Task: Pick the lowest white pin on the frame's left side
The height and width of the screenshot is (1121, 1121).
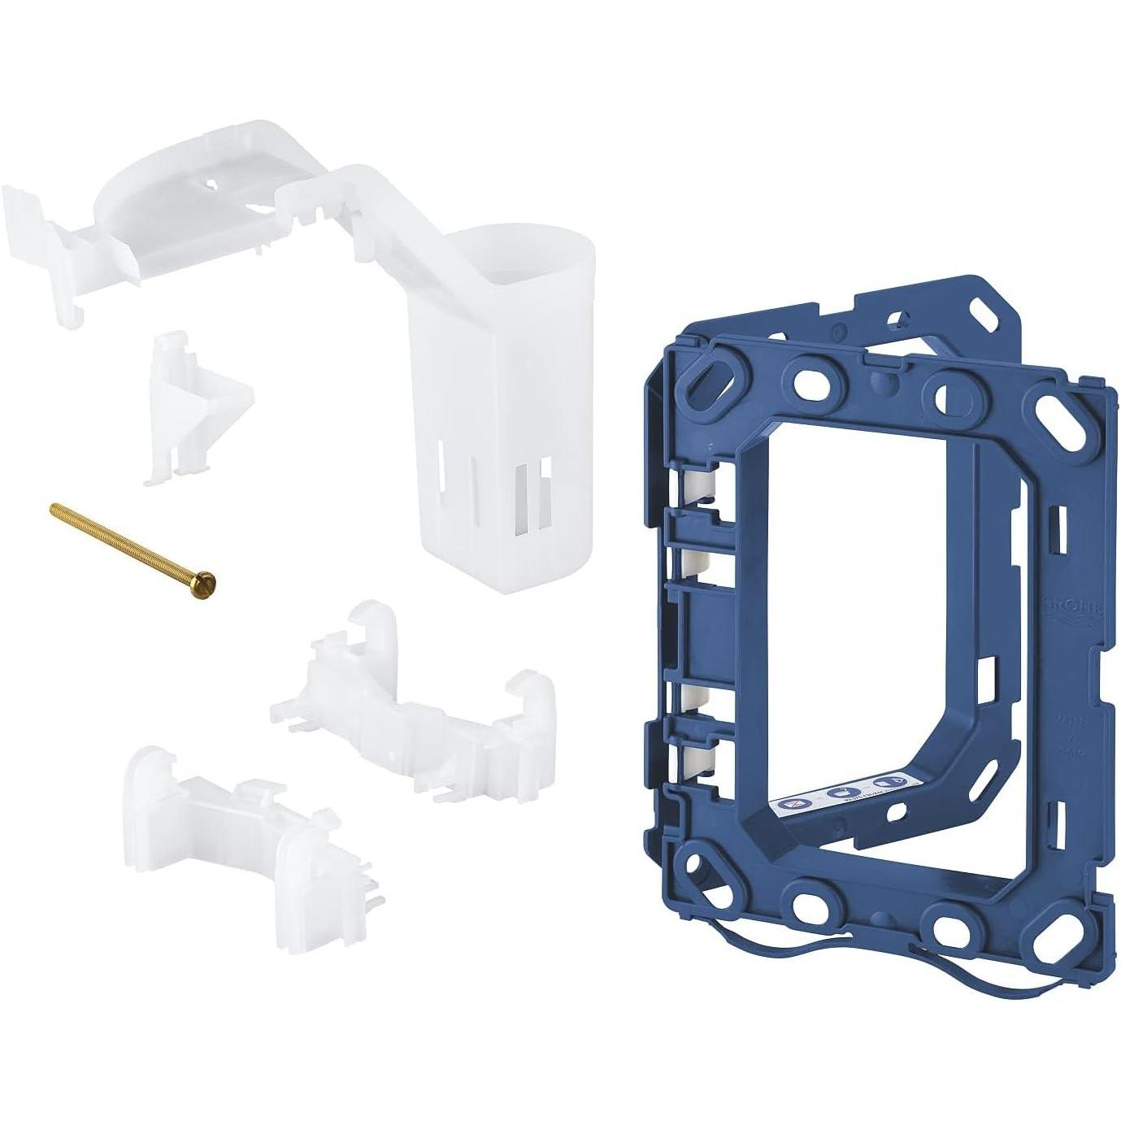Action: pos(697,760)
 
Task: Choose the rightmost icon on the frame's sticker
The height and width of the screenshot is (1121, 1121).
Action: pos(884,784)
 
